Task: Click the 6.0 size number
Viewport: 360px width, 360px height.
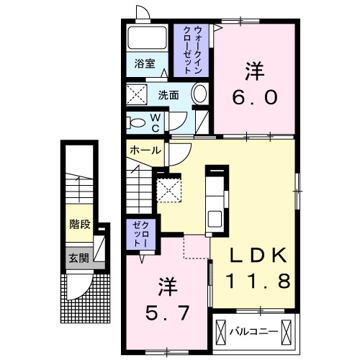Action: [253, 96]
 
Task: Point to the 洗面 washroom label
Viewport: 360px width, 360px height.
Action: [168, 94]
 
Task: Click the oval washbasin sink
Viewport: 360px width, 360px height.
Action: [199, 94]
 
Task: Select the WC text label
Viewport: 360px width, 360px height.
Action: [154, 123]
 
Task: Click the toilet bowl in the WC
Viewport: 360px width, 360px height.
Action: [136, 122]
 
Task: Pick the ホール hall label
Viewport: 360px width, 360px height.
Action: [146, 150]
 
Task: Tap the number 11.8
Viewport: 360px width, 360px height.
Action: [260, 281]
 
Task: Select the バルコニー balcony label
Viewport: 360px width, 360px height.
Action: [254, 333]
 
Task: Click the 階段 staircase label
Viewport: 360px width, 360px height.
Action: [79, 224]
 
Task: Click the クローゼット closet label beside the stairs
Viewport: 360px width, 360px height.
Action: [139, 235]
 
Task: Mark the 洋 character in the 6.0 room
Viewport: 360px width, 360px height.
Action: [253, 71]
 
